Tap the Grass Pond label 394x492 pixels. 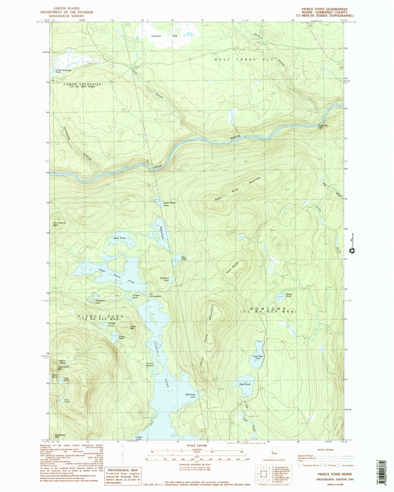click(x=119, y=238)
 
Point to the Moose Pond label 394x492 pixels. click(x=289, y=295)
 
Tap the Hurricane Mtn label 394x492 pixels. click(x=59, y=224)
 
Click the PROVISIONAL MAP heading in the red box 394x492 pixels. click(x=123, y=470)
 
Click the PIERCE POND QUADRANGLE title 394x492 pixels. click(x=324, y=9)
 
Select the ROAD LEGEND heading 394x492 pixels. click(x=326, y=450)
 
